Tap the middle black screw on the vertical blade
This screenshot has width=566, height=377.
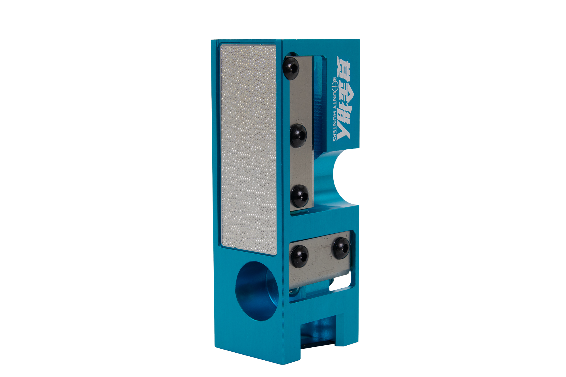click(x=299, y=135)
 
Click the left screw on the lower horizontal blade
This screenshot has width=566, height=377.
click(x=300, y=256)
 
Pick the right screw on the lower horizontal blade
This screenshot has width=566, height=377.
click(x=341, y=248)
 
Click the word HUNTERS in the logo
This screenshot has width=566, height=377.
click(x=335, y=126)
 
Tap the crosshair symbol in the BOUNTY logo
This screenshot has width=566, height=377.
click(x=335, y=84)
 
